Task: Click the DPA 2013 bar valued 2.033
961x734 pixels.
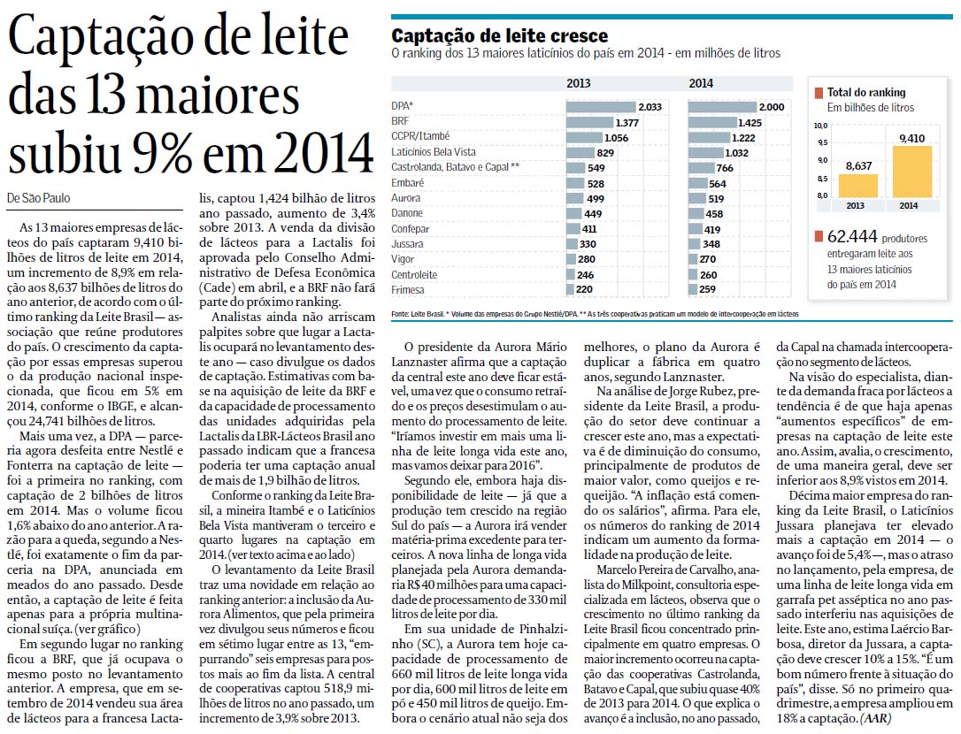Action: [x=601, y=107]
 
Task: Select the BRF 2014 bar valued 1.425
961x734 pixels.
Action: [x=711, y=122]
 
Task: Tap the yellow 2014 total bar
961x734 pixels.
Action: [x=912, y=172]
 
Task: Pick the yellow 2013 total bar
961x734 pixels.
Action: [x=858, y=186]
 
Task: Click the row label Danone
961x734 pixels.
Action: [x=407, y=213]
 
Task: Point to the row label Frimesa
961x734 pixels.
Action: [x=408, y=290]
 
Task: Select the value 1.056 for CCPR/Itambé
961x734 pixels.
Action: [x=616, y=137]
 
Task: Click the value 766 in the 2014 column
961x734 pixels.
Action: [x=725, y=168]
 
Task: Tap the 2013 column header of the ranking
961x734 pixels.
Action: [x=579, y=83]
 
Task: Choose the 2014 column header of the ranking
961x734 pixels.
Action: [x=701, y=83]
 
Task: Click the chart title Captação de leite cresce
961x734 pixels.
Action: [x=499, y=35]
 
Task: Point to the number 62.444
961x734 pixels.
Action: [x=852, y=236]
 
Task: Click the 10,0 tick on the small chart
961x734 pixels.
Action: [x=820, y=126]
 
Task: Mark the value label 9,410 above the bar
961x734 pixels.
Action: [x=912, y=139]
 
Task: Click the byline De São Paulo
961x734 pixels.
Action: [x=39, y=198]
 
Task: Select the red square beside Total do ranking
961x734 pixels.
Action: [x=819, y=93]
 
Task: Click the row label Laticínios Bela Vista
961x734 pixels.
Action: [x=434, y=152]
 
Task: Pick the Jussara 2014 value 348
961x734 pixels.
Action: [x=711, y=244]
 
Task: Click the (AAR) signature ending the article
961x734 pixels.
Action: [x=876, y=718]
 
